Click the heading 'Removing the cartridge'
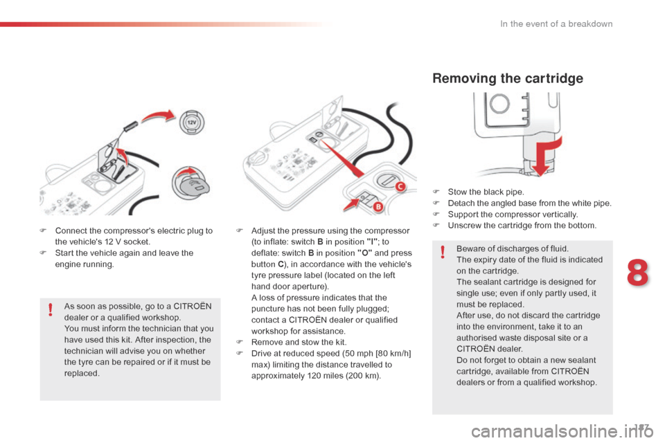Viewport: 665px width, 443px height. click(507, 78)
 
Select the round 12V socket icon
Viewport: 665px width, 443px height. click(192, 125)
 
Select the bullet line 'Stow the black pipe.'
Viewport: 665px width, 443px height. click(486, 192)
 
